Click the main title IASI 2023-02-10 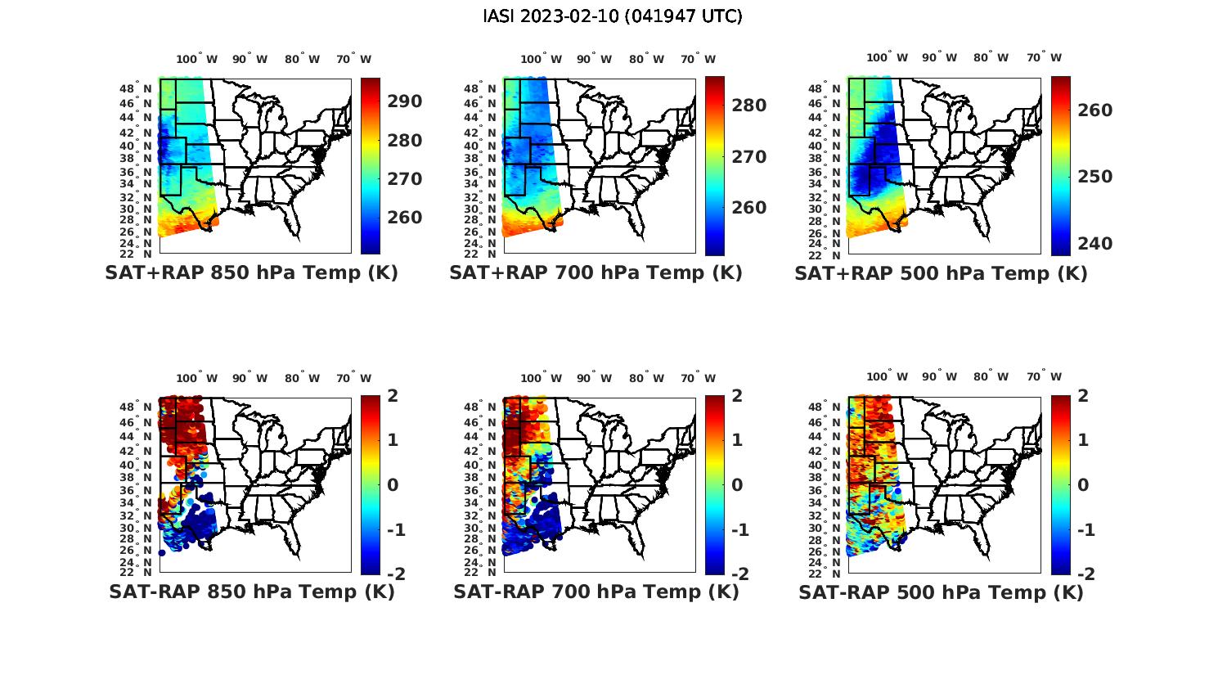(x=613, y=16)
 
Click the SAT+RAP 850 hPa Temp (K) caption (x=251, y=273)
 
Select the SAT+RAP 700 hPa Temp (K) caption (x=596, y=273)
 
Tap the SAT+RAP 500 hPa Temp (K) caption (x=941, y=273)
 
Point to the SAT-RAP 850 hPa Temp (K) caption (x=251, y=592)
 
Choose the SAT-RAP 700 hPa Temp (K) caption (x=596, y=592)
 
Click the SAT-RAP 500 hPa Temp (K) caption (x=941, y=592)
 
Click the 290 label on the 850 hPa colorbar (x=405, y=101)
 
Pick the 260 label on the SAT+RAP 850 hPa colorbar (x=405, y=218)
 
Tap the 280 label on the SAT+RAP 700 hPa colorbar (x=749, y=106)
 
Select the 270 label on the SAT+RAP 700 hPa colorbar (x=749, y=157)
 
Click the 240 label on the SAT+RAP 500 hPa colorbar (x=1094, y=244)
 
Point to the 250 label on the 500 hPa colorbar (x=1094, y=177)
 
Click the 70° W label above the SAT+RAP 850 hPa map (x=353, y=59)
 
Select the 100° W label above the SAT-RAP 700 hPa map (x=541, y=378)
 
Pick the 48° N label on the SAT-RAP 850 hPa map (x=142, y=407)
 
